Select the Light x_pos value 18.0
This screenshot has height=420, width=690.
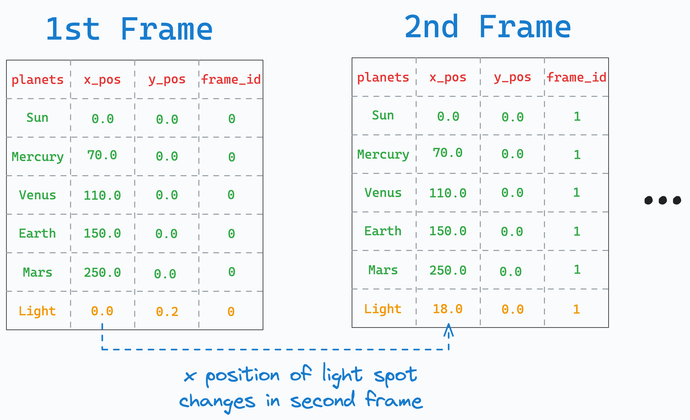pos(448,309)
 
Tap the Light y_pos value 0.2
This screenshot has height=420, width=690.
pos(167,312)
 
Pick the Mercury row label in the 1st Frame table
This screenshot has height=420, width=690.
pos(37,157)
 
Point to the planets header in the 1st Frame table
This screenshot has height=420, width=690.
pos(37,80)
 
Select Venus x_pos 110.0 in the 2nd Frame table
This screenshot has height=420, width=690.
pos(448,193)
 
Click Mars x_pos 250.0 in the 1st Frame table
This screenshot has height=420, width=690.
pos(102,273)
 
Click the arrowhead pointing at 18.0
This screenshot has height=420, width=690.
pos(448,329)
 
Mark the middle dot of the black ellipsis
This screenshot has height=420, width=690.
pos(663,200)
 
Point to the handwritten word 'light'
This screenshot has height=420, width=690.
pos(342,375)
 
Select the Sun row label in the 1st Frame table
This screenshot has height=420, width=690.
pos(37,118)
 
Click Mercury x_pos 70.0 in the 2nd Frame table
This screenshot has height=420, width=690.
pos(448,153)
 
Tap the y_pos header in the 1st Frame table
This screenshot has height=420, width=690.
pos(167,80)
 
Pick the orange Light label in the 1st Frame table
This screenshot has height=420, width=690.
pos(37,311)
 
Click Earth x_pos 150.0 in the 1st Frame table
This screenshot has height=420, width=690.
pos(102,234)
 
